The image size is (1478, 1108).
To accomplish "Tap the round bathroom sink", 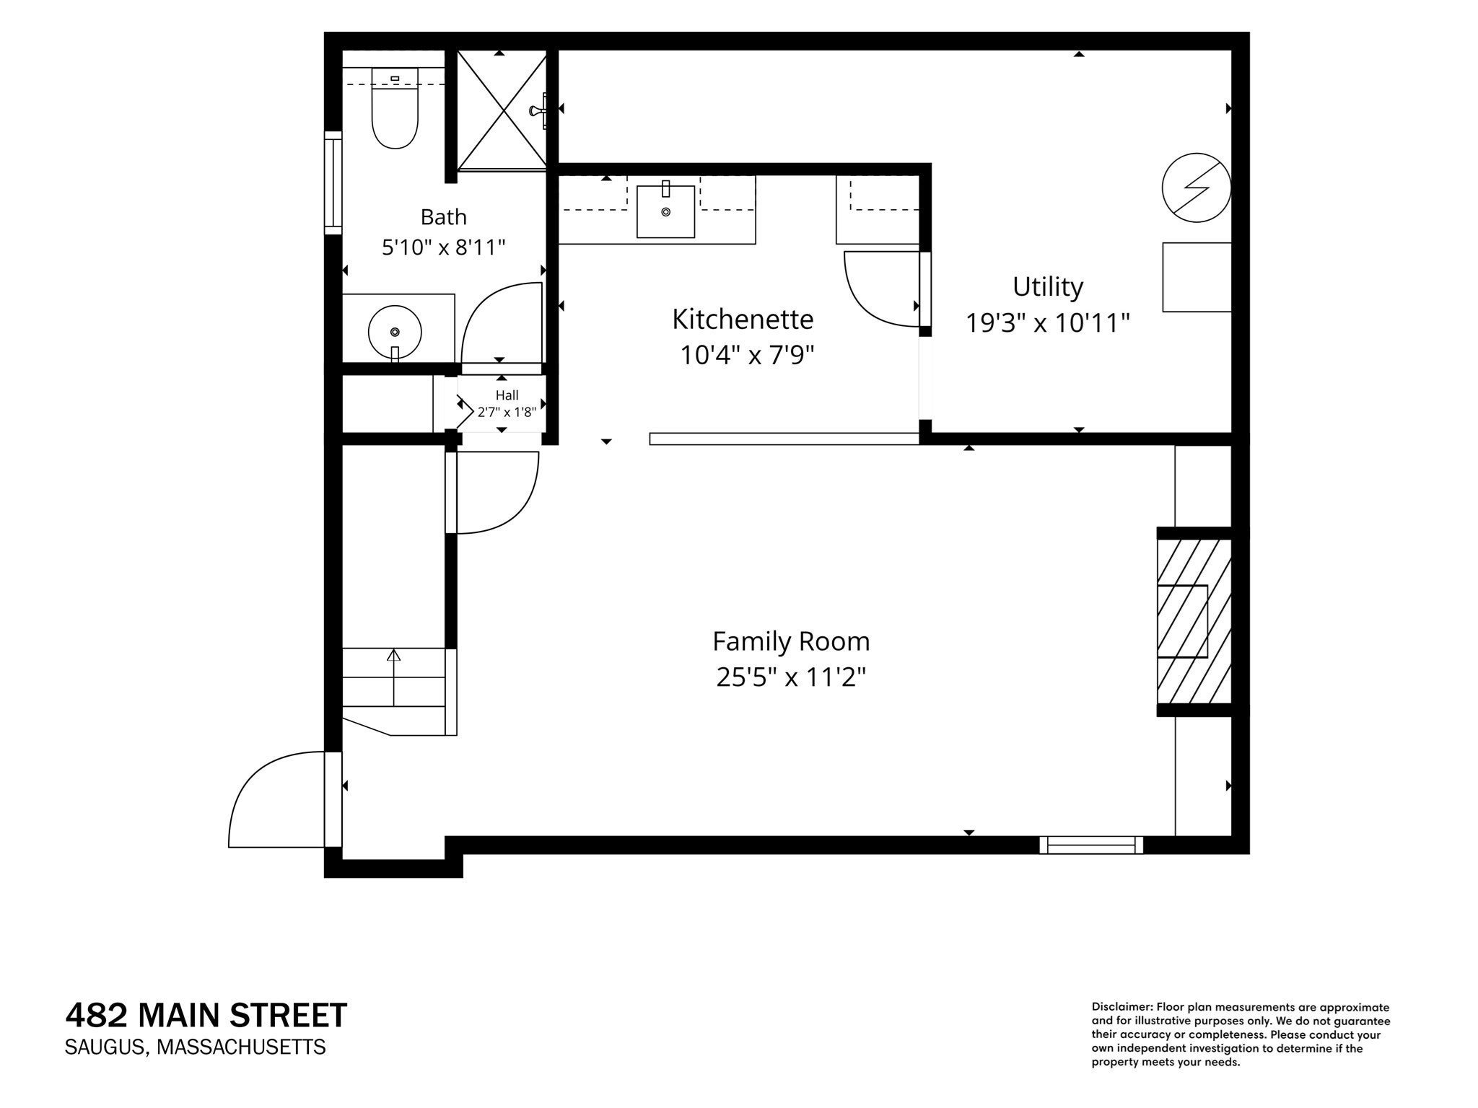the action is point(395,333).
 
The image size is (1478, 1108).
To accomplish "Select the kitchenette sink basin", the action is point(665,211).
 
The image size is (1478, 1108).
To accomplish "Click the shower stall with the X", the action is point(502,110).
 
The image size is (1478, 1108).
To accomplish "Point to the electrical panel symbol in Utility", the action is point(1196,188).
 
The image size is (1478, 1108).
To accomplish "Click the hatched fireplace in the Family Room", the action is point(1194,621).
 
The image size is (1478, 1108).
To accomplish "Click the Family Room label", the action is point(791,641).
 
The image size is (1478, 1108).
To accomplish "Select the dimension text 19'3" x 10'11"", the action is point(1048,322).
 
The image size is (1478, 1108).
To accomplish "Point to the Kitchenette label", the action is point(743,319).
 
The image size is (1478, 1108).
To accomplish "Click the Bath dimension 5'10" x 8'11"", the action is point(443,247).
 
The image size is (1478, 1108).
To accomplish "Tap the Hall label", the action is point(507,395).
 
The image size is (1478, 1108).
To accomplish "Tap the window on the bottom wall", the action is point(1091,845).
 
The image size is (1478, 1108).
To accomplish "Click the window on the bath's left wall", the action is point(333,183).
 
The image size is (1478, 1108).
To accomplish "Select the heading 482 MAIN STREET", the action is point(206,1016).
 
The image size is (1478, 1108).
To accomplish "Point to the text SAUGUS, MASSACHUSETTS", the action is point(195,1047).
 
